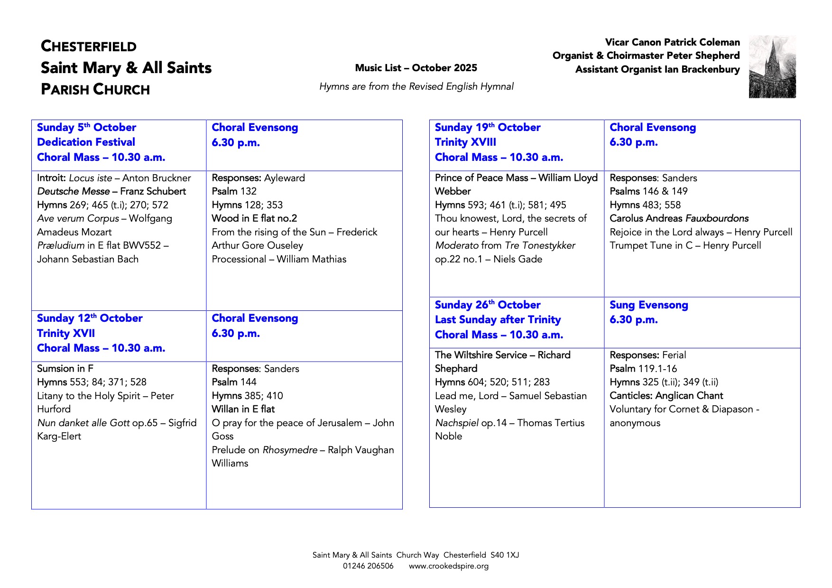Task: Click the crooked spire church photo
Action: pyautogui.click(x=772, y=67)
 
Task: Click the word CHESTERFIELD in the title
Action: pyautogui.click(x=89, y=47)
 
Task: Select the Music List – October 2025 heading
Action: pyautogui.click(x=416, y=68)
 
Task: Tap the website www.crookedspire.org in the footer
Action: pyautogui.click(x=448, y=566)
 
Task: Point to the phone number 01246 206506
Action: pyautogui.click(x=368, y=566)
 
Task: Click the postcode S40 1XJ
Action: pyautogui.click(x=505, y=555)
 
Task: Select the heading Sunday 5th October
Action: pyautogui.click(x=86, y=128)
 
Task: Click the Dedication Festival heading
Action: pyautogui.click(x=86, y=142)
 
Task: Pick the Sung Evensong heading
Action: pyautogui.click(x=648, y=305)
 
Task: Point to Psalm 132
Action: pyautogui.click(x=234, y=191)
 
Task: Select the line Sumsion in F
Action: pyautogui.click(x=65, y=369)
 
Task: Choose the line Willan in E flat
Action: pyautogui.click(x=243, y=409)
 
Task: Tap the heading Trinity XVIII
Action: pyautogui.click(x=465, y=142)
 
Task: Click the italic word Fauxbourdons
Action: pyautogui.click(x=717, y=218)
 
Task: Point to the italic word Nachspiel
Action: pyautogui.click(x=456, y=423)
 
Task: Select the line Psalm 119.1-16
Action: pyautogui.click(x=643, y=369)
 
